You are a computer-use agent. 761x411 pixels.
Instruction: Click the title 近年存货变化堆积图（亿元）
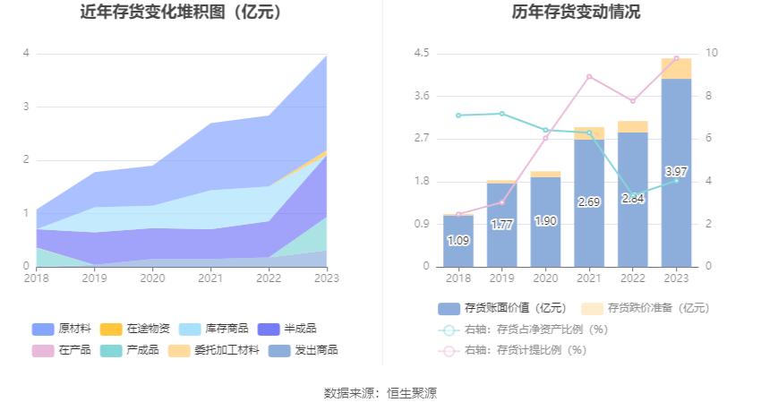181,13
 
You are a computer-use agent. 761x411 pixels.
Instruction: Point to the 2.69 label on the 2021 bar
589,202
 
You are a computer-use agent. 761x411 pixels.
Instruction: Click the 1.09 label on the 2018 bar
458,240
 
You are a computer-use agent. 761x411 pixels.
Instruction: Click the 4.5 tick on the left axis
422,54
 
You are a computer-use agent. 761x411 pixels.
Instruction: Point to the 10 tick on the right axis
711,54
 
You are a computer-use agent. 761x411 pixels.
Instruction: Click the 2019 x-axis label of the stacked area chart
94,278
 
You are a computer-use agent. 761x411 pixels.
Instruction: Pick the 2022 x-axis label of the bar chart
632,278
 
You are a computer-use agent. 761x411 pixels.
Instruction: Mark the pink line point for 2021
589,76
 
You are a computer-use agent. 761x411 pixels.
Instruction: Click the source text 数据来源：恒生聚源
380,392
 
